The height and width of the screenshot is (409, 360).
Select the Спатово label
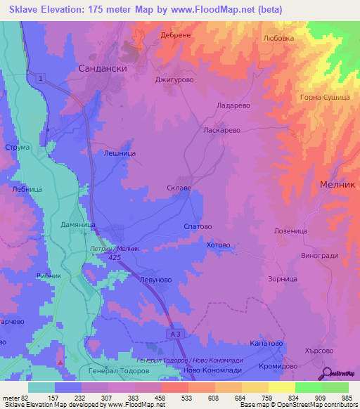tap(197, 227)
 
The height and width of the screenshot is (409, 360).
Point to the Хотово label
tap(219, 245)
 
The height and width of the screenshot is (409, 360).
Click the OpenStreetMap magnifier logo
tap(328, 373)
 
